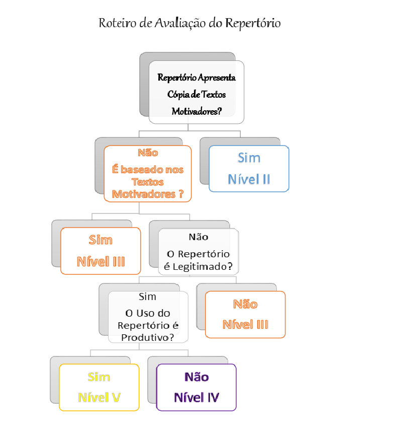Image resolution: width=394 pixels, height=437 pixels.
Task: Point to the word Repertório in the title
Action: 253,23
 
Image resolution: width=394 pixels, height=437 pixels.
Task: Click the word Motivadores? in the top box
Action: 196,111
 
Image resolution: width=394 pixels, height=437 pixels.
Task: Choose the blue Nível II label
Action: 249,179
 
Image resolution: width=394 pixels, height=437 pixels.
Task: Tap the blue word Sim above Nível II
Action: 249,158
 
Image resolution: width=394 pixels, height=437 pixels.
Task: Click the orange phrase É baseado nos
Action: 148,170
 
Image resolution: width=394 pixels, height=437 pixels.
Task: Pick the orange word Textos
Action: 147,182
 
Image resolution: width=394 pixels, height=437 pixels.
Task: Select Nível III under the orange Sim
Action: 101,262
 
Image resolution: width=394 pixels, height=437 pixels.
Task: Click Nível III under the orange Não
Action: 245,324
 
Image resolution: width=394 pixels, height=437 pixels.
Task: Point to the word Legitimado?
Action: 203,267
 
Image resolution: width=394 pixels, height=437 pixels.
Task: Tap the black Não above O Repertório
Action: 199,237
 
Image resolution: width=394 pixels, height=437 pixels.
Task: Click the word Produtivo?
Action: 147,337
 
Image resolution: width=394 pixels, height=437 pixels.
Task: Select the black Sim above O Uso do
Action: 147,297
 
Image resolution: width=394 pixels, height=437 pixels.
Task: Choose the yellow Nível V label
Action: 99,397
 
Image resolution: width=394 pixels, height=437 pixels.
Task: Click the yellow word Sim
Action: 99,377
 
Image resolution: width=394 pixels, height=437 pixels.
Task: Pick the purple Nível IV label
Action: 196,397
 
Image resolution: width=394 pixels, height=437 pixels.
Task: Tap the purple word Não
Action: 196,377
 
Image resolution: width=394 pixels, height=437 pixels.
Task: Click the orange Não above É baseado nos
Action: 148,153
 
